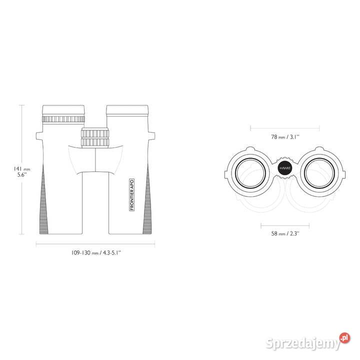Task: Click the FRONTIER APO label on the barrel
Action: point(132,194)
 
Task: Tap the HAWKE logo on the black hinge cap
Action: point(285,168)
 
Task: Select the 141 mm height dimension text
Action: point(22,169)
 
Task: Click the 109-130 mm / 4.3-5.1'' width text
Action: point(96,253)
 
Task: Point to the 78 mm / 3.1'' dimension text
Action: point(285,137)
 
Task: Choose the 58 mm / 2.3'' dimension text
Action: point(285,233)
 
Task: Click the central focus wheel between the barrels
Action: point(95,137)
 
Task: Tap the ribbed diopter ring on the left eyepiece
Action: point(63,119)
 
